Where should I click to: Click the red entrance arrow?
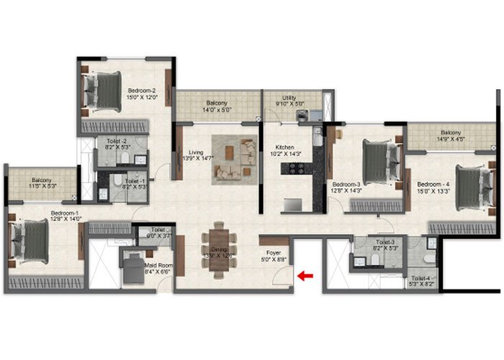(306, 274)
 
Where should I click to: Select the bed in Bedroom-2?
(101, 90)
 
